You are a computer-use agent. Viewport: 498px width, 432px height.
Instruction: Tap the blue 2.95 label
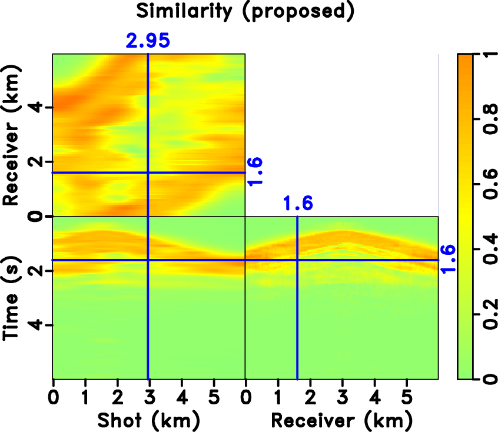pyautogui.click(x=147, y=41)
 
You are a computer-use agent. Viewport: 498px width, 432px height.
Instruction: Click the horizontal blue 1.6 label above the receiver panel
pyautogui.click(x=297, y=204)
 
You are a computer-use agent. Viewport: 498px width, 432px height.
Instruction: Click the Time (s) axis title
pyautogui.click(x=11, y=298)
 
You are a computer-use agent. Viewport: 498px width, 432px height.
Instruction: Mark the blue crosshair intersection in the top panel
pyautogui.click(x=148, y=172)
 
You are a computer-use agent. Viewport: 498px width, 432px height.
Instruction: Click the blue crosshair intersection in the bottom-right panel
pyautogui.click(x=297, y=260)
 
